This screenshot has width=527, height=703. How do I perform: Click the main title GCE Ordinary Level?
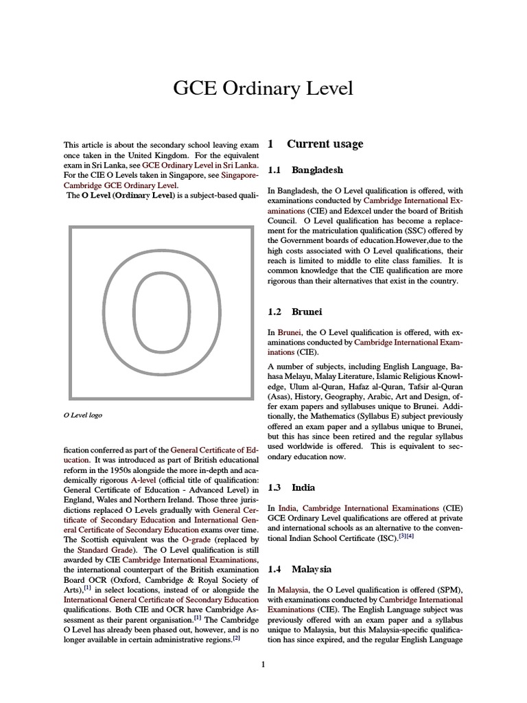point(263,88)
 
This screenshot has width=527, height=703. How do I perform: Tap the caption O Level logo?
point(83,415)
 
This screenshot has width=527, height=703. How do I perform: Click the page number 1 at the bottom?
point(263,664)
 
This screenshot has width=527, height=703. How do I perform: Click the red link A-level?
point(134,481)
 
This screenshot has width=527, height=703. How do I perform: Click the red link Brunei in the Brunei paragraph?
point(289,332)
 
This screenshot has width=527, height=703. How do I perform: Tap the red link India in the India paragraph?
point(288,507)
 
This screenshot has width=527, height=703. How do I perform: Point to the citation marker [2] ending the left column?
point(236,638)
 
